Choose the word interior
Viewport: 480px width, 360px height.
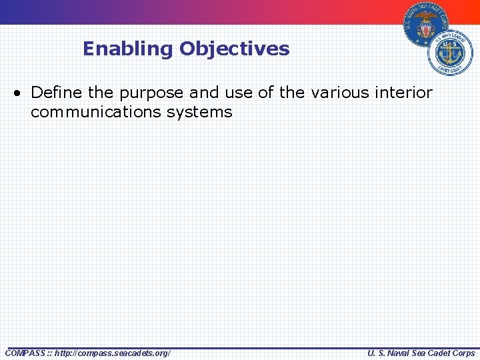pyautogui.click(x=405, y=92)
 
